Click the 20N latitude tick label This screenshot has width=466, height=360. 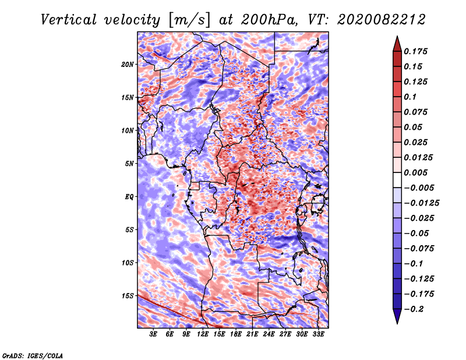[128, 64]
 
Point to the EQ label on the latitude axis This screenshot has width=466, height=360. [129, 197]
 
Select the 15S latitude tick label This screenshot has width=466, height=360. [128, 296]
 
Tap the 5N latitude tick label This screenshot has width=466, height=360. [130, 164]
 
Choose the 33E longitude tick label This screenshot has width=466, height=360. [319, 334]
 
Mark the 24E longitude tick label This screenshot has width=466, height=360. [269, 334]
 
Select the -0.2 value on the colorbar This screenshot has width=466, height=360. [415, 309]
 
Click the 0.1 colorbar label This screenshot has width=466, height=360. [411, 97]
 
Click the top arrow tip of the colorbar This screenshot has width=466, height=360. [396, 37]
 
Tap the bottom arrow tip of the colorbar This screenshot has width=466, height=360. [396, 323]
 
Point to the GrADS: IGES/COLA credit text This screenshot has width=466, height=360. [32, 355]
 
